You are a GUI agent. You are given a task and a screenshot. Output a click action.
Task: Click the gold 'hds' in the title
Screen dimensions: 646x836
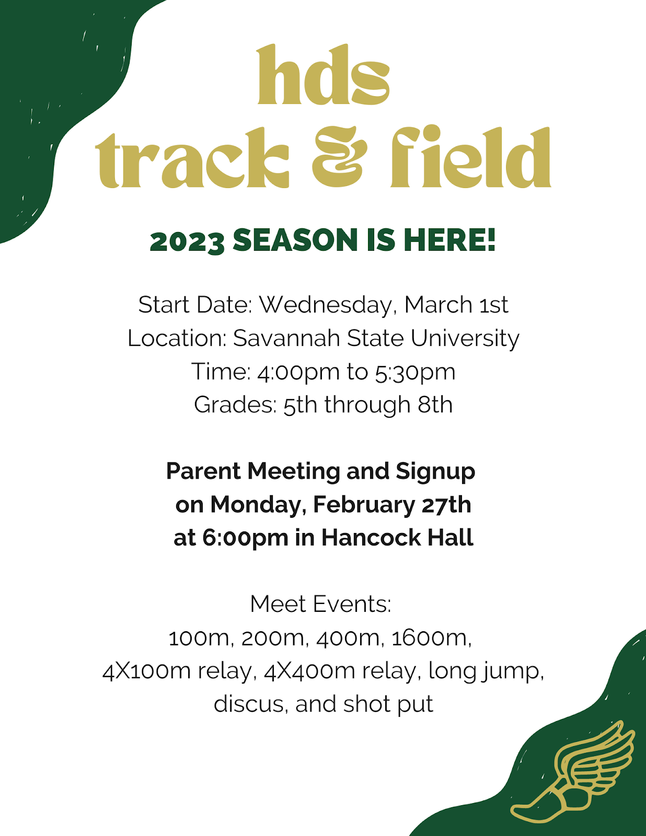[323, 75]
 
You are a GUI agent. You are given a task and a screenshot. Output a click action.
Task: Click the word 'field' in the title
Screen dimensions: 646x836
[471, 157]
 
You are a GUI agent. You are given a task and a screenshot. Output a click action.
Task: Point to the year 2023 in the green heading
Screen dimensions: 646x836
[187, 241]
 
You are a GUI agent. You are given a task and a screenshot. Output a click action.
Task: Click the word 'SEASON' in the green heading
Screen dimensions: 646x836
[295, 240]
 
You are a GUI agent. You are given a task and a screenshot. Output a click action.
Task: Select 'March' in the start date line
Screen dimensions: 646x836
[438, 305]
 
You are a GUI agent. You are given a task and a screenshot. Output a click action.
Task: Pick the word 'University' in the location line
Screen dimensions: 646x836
[465, 339]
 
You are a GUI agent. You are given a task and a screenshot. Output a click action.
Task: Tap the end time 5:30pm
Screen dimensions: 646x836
[415, 373]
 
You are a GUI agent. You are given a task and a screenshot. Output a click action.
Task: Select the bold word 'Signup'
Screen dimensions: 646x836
[435, 472]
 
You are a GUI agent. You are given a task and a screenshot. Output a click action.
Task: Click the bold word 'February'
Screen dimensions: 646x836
[364, 505]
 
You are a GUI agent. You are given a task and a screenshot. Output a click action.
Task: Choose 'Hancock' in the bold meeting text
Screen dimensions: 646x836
[371, 538]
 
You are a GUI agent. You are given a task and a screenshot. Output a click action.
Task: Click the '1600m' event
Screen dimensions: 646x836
[431, 638]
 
